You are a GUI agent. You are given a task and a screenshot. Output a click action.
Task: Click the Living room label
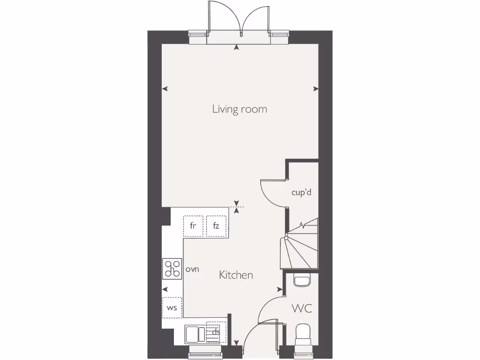point(240,109)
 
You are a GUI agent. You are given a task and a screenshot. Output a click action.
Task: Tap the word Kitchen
point(236,275)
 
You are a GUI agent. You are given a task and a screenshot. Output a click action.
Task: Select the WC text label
point(302,309)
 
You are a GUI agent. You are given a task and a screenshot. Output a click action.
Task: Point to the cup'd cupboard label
point(301,192)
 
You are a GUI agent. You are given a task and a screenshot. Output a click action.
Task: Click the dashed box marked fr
point(193,225)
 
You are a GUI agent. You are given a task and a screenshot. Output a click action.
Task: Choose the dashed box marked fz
point(216,225)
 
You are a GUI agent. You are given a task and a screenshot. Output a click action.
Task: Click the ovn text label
point(193,270)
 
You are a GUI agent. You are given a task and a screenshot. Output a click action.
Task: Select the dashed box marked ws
point(172,308)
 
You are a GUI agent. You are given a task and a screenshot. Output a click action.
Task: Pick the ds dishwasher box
point(216,332)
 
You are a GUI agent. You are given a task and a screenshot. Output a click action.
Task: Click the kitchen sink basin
point(192,334)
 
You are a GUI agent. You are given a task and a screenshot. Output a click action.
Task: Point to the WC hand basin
point(301,280)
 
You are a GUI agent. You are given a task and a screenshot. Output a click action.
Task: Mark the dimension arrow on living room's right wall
point(316,89)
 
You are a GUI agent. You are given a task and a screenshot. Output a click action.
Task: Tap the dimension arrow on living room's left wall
point(165,89)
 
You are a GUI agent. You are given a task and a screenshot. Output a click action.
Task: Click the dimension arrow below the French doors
point(237,47)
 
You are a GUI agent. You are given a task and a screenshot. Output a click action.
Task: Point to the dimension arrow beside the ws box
point(165,289)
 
